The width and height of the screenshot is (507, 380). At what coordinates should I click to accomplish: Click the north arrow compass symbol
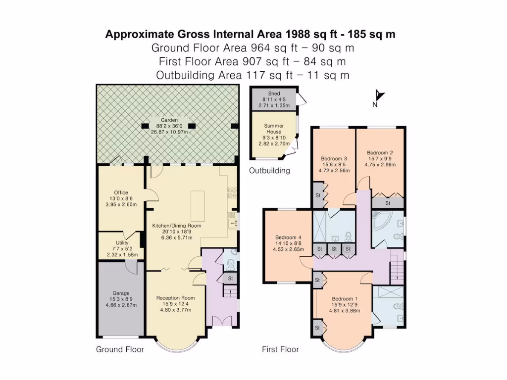pos(378,97)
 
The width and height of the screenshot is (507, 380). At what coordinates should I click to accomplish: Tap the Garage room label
pos(121,293)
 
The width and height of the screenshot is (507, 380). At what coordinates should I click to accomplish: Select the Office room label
pos(121,192)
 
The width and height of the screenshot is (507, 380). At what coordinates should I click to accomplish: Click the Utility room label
pos(122,242)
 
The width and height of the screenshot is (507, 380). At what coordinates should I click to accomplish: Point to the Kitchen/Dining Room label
pos(177,226)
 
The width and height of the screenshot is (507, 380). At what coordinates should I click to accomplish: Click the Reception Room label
pos(176,298)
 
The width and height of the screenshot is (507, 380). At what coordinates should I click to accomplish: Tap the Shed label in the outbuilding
pos(274,94)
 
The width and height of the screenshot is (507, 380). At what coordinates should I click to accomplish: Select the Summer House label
pos(274,129)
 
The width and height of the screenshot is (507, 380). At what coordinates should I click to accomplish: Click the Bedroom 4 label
pos(288,237)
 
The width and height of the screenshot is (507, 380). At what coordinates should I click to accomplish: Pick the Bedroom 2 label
pos(380,152)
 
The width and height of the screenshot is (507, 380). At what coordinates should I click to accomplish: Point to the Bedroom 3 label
pos(334,158)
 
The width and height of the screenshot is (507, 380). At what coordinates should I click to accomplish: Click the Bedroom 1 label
pos(345,298)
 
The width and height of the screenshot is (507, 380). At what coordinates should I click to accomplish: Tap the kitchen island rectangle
pos(198,206)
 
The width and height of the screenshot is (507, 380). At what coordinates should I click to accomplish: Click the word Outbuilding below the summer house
pos(270,170)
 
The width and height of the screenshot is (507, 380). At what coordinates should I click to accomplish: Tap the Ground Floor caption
pos(120,349)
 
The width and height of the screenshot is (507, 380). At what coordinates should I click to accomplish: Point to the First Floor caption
pos(280,349)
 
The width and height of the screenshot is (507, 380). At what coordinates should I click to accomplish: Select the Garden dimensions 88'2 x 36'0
pos(169,126)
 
